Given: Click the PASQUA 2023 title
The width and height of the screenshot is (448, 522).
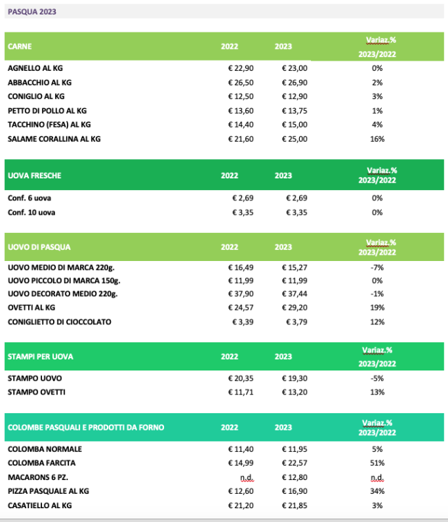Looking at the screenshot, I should tap(32, 12).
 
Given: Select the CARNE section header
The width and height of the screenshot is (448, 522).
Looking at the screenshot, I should tap(19, 46).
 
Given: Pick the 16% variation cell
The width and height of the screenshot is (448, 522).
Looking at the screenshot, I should tap(377, 138).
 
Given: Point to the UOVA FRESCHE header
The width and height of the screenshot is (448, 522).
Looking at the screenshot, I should tap(34, 176).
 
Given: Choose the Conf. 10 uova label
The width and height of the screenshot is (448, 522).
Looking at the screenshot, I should tap(32, 212).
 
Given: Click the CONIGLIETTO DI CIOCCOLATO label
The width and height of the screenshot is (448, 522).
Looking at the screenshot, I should tap(59, 322).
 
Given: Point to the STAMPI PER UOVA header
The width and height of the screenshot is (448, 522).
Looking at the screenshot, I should tap(40, 357).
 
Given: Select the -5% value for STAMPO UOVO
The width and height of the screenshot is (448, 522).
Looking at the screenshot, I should tap(377, 379).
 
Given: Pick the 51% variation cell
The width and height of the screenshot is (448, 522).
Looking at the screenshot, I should tap(377, 462).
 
